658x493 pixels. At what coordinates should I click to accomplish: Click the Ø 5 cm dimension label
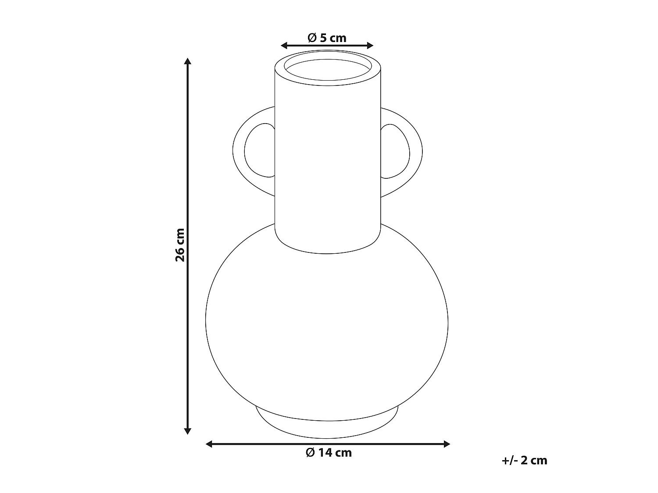[x=327, y=38]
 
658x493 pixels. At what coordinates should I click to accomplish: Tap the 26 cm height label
[x=180, y=245]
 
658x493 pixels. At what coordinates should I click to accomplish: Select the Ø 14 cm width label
[x=329, y=453]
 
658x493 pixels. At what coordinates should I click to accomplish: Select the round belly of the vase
[x=327, y=324]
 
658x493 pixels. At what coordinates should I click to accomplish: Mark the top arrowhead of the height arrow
[x=188, y=61]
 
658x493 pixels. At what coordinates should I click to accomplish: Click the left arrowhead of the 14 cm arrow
[x=209, y=444]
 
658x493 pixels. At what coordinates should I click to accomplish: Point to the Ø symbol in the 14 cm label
[x=311, y=453]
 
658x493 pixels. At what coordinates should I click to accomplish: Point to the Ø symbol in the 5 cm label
[x=312, y=38]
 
